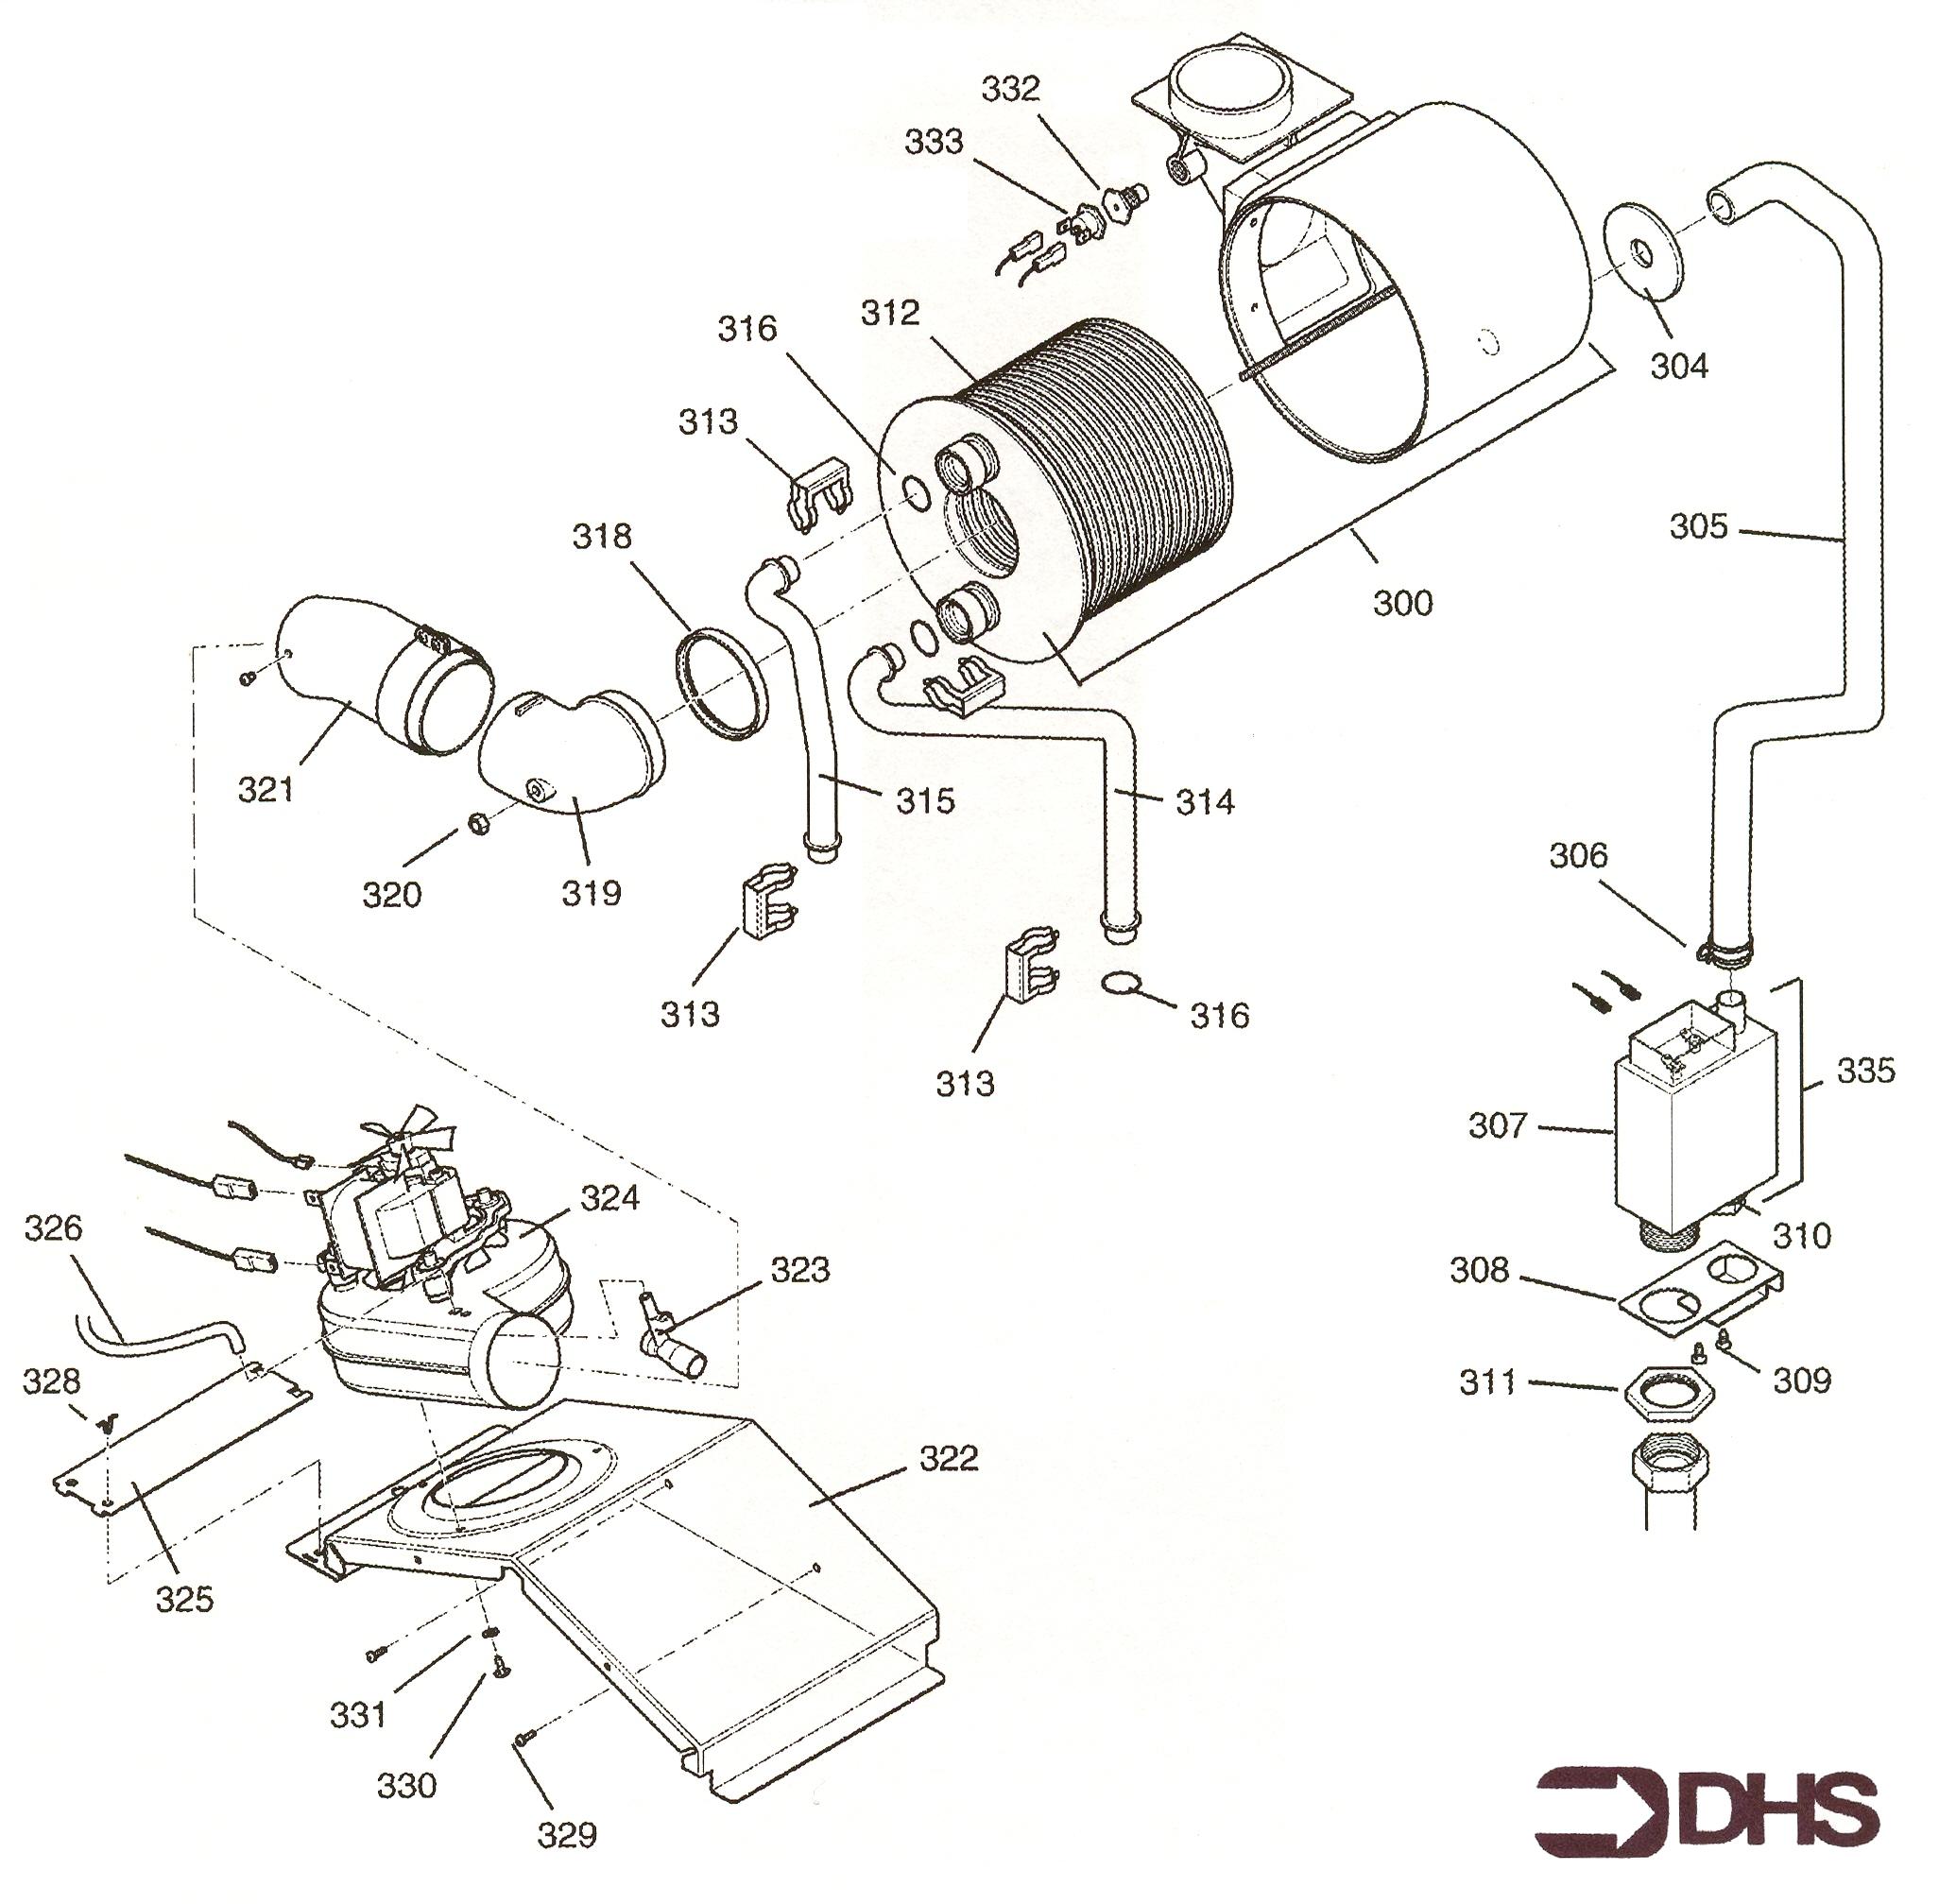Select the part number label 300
1402,603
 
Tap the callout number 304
1679,366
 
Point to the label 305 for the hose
1698,526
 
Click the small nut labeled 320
478,826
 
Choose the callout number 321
266,790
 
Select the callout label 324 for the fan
609,1197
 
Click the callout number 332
1010,89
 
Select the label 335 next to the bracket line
1865,1071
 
